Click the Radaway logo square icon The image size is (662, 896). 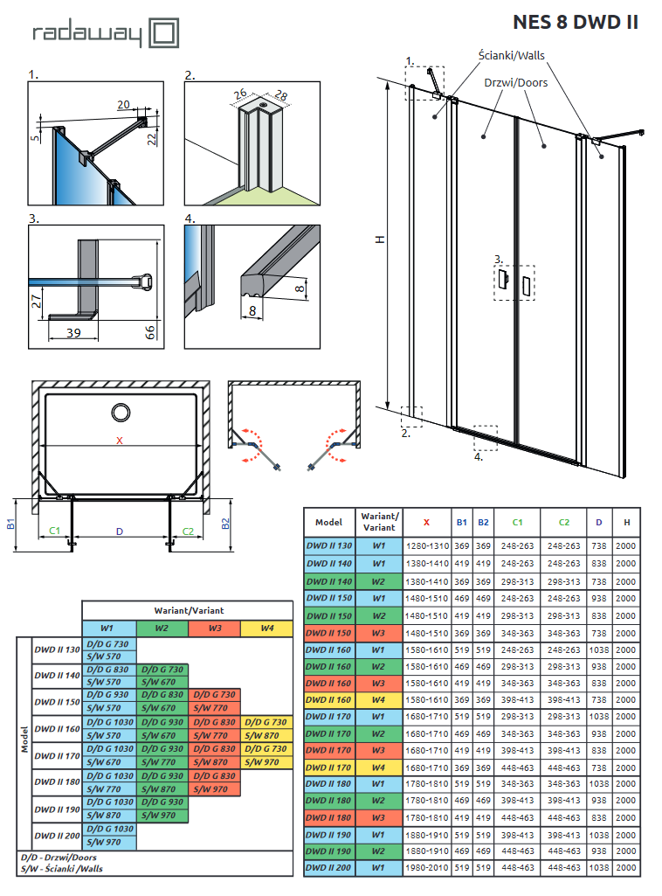coord(165,34)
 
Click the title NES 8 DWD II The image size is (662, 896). coord(575,23)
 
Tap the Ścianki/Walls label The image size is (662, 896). coord(511,55)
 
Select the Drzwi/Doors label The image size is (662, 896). coord(515,82)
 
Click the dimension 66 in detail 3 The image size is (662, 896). coord(149,330)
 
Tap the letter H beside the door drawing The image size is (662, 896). coord(378,240)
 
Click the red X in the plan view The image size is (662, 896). coord(120,440)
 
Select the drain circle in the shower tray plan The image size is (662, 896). coord(120,412)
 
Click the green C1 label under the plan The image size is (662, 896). coord(54,531)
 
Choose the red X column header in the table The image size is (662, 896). coord(426,522)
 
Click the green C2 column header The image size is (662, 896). coord(563,522)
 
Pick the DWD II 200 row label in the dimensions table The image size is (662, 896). coord(328,868)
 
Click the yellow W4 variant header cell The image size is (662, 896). coord(265,628)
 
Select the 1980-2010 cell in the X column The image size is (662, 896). coord(426,868)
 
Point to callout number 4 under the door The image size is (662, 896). coord(479,456)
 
